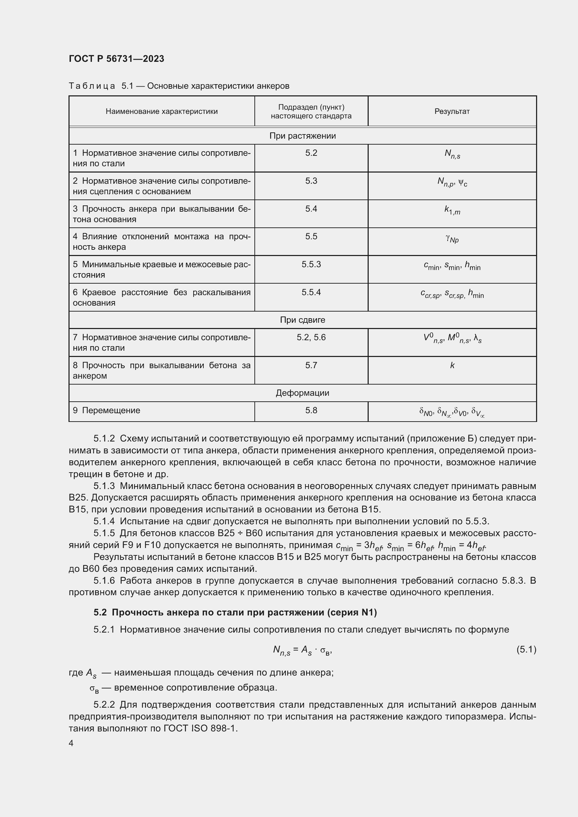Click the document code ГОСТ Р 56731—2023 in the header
click(x=116, y=59)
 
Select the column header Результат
click(x=451, y=111)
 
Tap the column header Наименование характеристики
click(x=161, y=111)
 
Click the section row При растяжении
click(x=302, y=136)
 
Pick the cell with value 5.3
click(x=311, y=181)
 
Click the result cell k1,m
click(x=452, y=210)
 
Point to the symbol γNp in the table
click(x=452, y=239)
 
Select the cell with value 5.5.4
click(x=311, y=292)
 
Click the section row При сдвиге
click(x=302, y=320)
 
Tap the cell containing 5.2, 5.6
click(x=311, y=337)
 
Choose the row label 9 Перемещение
click(x=107, y=410)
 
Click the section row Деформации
click(x=302, y=393)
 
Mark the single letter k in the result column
click(x=452, y=365)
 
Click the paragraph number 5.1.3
click(x=104, y=486)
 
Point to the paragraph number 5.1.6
click(x=104, y=581)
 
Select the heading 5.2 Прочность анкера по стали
click(x=235, y=612)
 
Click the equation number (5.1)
click(x=526, y=650)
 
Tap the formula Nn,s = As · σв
click(x=302, y=650)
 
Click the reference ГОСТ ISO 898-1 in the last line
click(x=200, y=729)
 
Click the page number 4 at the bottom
click(x=71, y=743)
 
